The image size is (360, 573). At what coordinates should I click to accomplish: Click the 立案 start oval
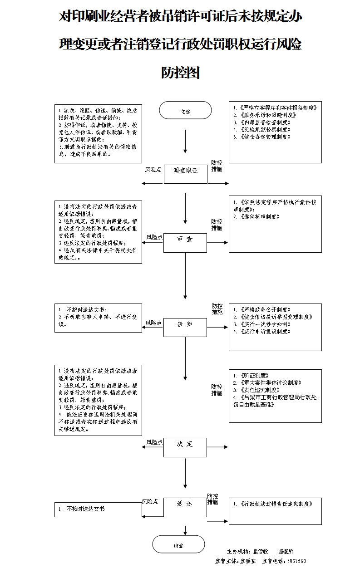click(185, 111)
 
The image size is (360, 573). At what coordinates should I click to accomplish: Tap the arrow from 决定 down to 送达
click(185, 474)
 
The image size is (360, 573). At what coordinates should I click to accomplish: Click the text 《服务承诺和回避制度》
click(265, 115)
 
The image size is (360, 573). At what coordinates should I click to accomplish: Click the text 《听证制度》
click(254, 376)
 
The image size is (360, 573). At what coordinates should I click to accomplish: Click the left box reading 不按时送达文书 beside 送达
click(98, 509)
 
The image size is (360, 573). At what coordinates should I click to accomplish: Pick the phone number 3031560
click(297, 561)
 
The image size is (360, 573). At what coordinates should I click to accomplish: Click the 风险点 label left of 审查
click(154, 237)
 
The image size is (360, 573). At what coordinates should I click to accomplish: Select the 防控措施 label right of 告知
click(217, 309)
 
